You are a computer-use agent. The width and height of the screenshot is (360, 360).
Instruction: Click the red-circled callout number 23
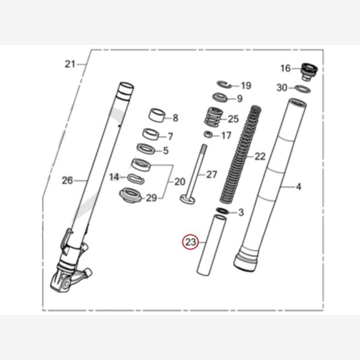(x=191, y=242)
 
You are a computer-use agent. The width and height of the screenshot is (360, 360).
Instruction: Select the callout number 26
(x=67, y=179)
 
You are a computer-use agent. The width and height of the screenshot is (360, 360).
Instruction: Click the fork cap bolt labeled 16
(x=310, y=71)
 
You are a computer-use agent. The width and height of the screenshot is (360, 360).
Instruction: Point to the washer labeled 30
(x=302, y=89)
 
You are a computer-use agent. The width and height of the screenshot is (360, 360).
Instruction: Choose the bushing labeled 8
(x=158, y=115)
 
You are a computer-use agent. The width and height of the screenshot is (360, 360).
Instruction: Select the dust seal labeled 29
(x=130, y=195)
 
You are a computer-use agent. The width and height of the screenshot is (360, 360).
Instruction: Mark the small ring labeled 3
(x=221, y=211)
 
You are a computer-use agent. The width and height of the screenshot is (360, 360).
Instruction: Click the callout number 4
(x=298, y=187)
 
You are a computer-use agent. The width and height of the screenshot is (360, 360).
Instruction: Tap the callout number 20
(x=179, y=182)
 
